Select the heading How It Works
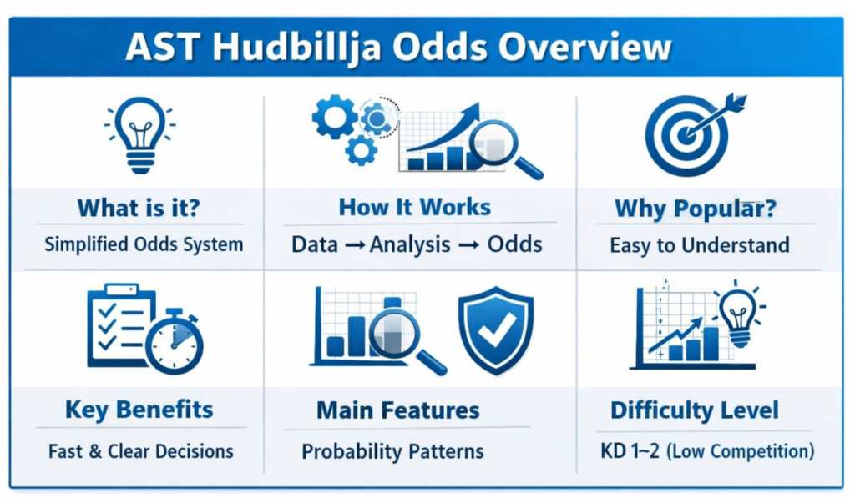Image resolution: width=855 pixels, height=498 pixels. tap(414, 207)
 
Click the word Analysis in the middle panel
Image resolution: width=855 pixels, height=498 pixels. tap(415, 244)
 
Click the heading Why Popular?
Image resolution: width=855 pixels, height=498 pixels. tap(695, 209)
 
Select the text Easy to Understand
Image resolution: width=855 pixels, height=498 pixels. tap(699, 245)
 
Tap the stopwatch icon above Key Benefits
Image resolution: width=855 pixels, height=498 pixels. tap(175, 342)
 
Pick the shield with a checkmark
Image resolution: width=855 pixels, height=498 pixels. tap(494, 329)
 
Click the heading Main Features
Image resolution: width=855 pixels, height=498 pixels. tap(397, 410)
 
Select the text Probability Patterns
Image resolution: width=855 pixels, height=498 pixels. tap(392, 451)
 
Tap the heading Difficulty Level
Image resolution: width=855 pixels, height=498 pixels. tap(694, 410)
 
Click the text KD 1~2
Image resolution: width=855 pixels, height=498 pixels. tap(628, 451)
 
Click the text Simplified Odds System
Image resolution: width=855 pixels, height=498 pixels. tap(144, 244)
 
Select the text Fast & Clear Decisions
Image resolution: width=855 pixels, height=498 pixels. tap(140, 451)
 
